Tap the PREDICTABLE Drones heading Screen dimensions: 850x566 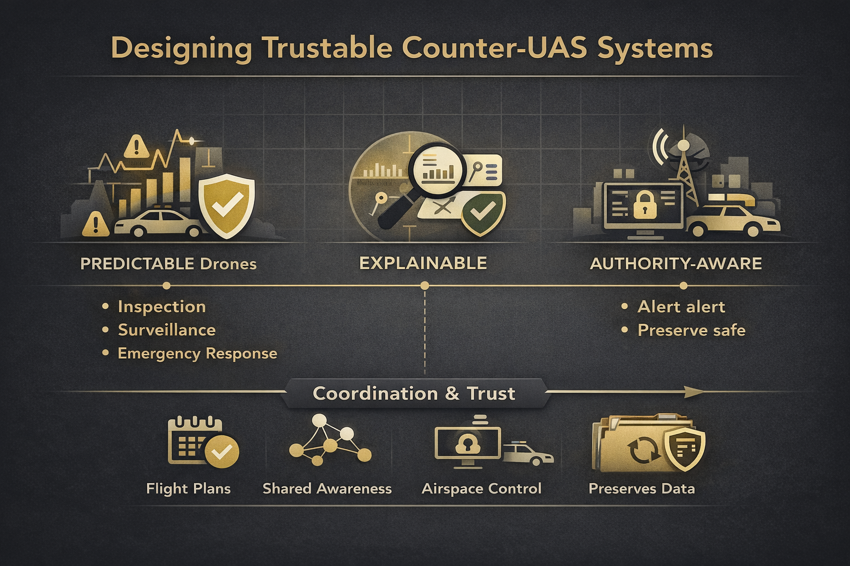168,264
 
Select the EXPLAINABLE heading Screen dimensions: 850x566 423,263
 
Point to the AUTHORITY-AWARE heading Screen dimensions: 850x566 676,264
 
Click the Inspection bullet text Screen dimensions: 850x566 162,307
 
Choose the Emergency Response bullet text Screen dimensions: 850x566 197,354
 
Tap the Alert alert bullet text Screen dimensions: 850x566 681,307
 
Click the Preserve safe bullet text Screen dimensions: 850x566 691,331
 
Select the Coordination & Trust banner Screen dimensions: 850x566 414,394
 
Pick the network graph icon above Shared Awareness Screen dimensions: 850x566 330,439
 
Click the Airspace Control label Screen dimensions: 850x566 481,489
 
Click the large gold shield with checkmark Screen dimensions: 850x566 226,206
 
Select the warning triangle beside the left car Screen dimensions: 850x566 95,224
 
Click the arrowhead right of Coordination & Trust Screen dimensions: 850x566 694,392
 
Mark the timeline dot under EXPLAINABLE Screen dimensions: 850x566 424,286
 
